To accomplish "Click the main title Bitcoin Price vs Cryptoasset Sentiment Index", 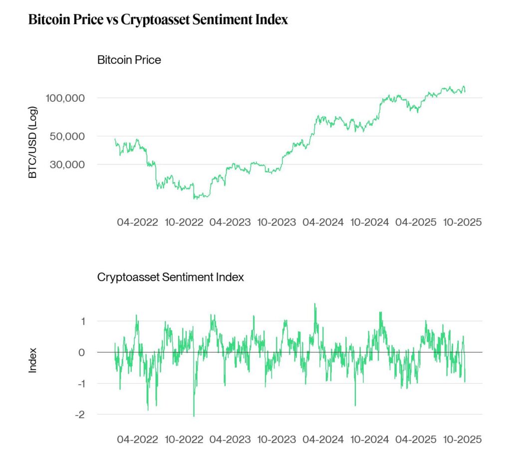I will click(x=158, y=20).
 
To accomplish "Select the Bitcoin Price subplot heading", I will click(x=129, y=60).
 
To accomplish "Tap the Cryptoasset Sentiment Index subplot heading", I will click(x=171, y=277).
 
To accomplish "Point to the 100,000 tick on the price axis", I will click(x=65, y=98).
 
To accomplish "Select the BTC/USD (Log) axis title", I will click(x=33, y=142).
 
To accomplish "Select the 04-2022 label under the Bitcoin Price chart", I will click(x=138, y=222).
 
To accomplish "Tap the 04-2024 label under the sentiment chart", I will click(x=323, y=440).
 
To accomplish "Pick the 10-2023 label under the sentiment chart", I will click(x=276, y=440).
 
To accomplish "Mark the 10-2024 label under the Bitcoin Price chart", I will click(x=370, y=222).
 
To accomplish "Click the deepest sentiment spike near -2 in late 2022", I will click(x=194, y=416).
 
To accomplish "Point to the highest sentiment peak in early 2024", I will click(x=315, y=304).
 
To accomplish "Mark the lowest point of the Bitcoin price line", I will click(x=195, y=199).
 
